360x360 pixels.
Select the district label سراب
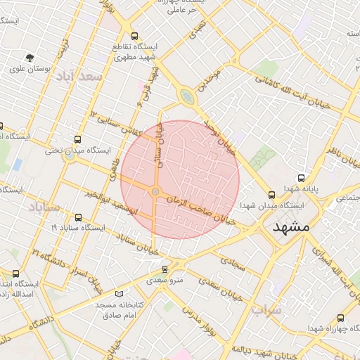click(x=266, y=310)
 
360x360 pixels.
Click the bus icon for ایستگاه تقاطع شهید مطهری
click(x=134, y=36)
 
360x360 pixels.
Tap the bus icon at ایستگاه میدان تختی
click(x=77, y=139)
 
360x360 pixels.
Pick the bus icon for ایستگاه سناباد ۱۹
click(x=77, y=217)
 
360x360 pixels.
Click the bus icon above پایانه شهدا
click(x=302, y=178)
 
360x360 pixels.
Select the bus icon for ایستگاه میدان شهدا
click(x=271, y=195)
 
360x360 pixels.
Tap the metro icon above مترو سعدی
click(x=165, y=269)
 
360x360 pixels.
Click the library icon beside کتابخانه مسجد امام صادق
click(x=118, y=294)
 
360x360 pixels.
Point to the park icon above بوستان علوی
click(x=29, y=58)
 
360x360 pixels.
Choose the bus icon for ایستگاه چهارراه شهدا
click(x=342, y=317)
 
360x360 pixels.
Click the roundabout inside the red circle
click(x=155, y=191)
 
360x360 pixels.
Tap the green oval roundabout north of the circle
click(x=186, y=96)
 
